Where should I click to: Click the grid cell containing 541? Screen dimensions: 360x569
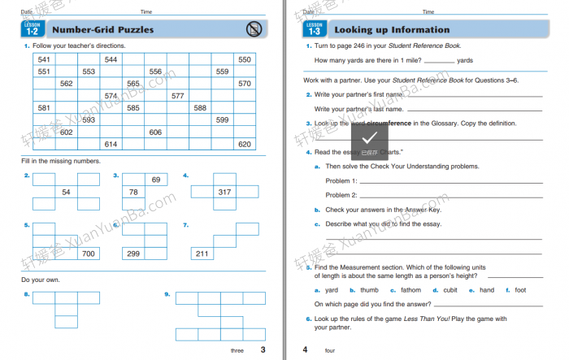point(44,60)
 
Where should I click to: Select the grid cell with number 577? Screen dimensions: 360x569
point(177,96)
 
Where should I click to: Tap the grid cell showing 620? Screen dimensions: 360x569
point(244,144)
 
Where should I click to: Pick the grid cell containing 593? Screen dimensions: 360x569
point(89,119)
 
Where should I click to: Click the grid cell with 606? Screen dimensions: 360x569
point(155,132)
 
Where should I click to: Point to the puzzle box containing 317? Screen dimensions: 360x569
point(224,192)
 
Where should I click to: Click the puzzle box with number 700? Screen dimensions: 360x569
point(89,254)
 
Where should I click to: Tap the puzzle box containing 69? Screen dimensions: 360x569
point(156,180)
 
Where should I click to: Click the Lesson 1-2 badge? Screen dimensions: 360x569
point(33,30)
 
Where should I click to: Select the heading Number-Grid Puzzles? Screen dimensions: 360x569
point(102,30)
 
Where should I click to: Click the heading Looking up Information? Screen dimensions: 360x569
point(392,30)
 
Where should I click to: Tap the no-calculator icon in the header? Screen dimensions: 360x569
point(254,30)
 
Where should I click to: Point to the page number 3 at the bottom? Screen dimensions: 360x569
point(262,350)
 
